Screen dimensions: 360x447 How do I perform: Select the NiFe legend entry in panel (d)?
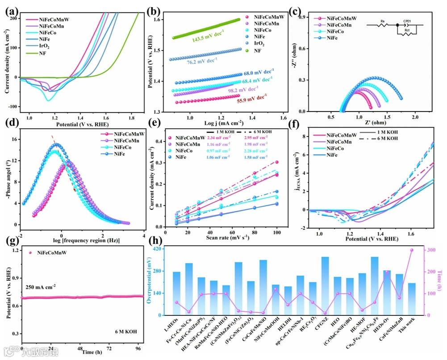point(120,154)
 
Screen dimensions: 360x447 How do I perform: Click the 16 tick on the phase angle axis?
point(14,140)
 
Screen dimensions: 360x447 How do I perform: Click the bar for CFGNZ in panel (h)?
point(325,286)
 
